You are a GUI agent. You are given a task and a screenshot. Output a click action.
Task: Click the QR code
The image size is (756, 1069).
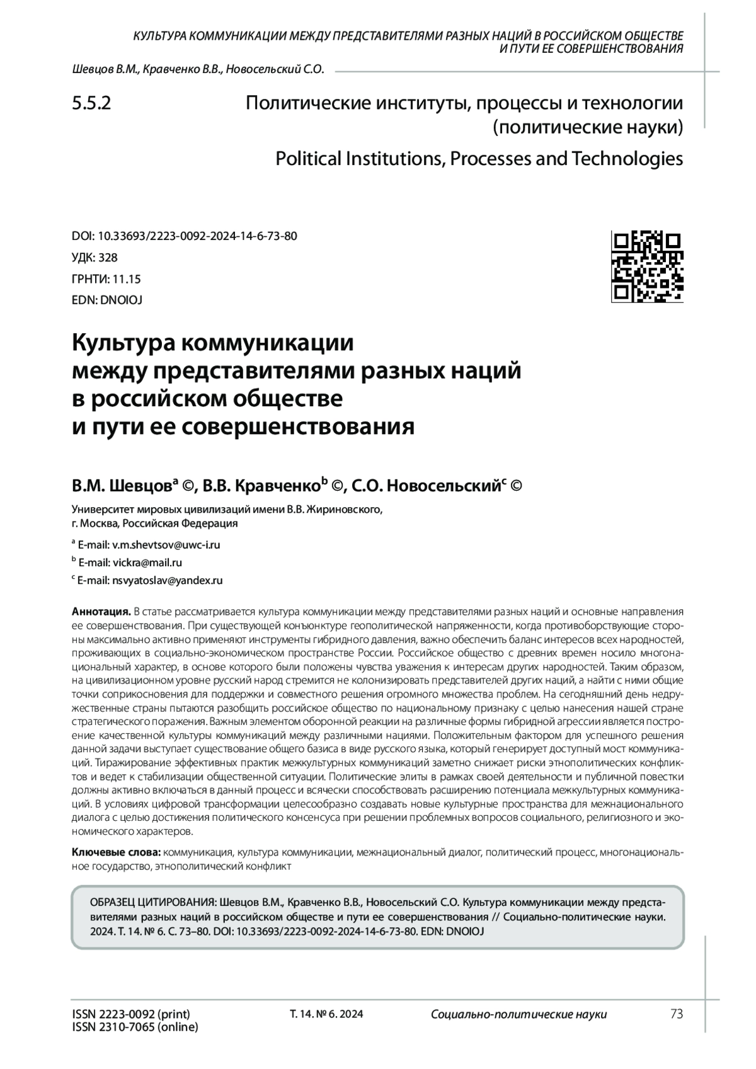click(648, 267)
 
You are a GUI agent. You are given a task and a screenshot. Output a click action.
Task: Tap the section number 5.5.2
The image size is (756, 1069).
click(92, 103)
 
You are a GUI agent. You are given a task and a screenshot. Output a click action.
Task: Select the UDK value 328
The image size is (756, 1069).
click(108, 257)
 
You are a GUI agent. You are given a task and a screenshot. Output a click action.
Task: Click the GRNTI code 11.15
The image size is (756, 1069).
click(127, 278)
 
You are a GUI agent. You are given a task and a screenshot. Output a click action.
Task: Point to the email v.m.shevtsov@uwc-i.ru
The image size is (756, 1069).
click(166, 544)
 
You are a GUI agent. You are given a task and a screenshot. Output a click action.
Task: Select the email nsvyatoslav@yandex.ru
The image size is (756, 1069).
click(167, 580)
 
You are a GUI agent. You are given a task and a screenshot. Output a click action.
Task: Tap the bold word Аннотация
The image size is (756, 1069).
click(101, 611)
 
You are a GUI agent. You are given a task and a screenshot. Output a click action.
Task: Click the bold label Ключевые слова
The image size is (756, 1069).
click(117, 852)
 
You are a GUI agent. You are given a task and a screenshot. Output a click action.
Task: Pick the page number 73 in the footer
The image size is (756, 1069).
click(677, 1014)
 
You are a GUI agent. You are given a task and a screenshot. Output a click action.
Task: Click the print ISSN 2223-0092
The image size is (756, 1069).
click(131, 1014)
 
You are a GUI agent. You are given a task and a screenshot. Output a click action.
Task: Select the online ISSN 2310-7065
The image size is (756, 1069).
click(135, 1027)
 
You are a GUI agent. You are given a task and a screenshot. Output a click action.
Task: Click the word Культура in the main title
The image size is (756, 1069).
click(122, 344)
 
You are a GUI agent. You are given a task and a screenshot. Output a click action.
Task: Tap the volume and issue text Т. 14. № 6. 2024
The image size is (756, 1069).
click(326, 1014)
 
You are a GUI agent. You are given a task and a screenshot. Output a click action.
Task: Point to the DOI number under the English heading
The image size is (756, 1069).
click(197, 236)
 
